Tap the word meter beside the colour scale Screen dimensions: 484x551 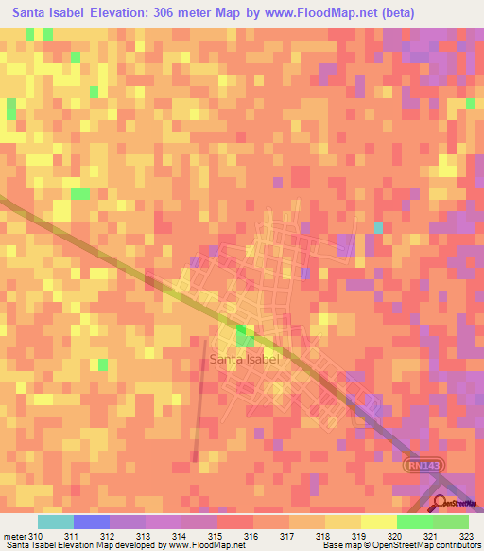click(x=13, y=536)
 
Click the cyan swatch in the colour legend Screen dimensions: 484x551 click(x=55, y=522)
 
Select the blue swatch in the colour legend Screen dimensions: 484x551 click(x=91, y=522)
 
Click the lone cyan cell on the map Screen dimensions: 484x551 click(x=378, y=228)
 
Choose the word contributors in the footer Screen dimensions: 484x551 click(x=455, y=546)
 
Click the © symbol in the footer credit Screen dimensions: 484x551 click(x=367, y=546)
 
